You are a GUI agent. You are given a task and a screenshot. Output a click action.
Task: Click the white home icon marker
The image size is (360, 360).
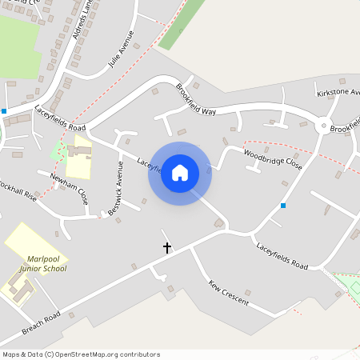[180, 173]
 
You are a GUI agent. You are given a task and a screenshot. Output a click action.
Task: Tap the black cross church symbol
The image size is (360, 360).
[167, 248]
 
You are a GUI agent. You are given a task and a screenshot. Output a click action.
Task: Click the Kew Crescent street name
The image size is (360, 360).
[229, 293]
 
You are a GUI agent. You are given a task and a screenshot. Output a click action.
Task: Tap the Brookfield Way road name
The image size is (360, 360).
[197, 99]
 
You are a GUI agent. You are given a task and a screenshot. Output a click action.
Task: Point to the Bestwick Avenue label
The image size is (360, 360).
[115, 188]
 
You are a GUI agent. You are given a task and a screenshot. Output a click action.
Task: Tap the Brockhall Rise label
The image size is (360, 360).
[18, 190]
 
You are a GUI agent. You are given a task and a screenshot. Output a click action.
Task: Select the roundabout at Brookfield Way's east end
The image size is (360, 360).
[324, 126]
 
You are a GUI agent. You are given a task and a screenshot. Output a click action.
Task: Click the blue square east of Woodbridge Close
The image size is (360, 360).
[283, 206]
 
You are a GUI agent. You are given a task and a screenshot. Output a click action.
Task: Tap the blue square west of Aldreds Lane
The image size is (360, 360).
[4, 110]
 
